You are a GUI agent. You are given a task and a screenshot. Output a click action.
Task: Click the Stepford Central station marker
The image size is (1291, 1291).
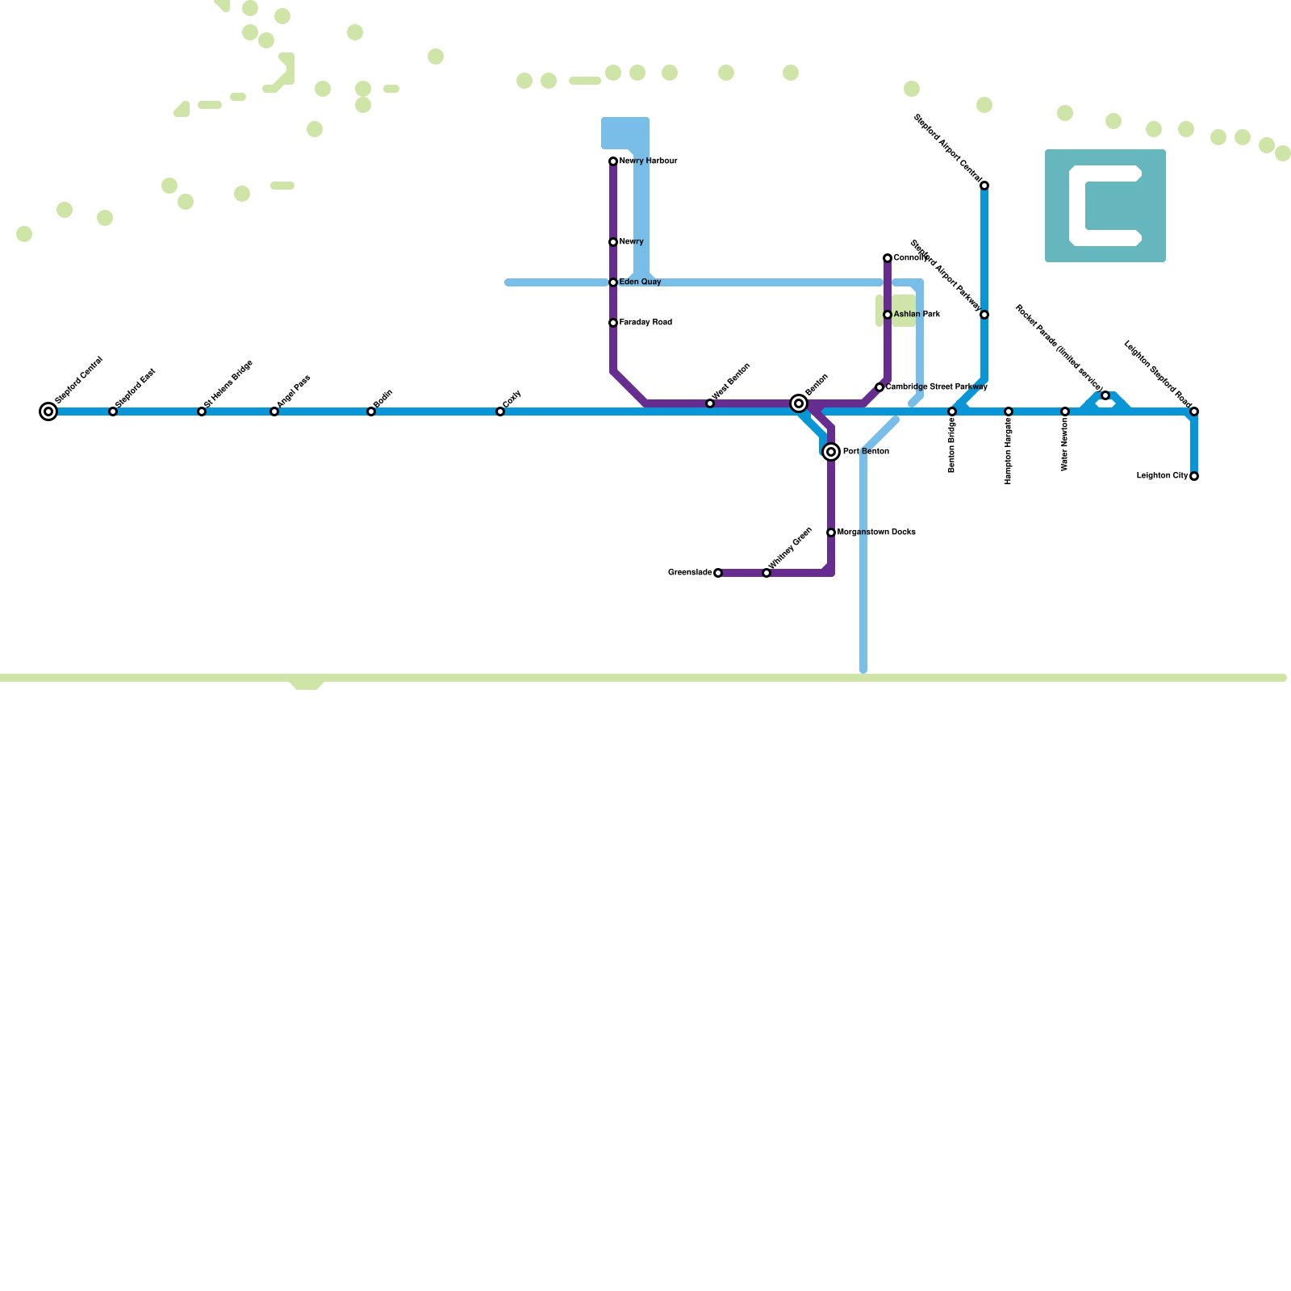pyautogui.click(x=48, y=412)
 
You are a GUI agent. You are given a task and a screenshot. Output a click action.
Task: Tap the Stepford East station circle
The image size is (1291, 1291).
pyautogui.click(x=113, y=412)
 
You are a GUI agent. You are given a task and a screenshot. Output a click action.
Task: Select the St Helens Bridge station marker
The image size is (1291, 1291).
pyautogui.click(x=202, y=412)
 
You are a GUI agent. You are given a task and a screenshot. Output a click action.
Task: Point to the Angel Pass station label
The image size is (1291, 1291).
pyautogui.click(x=294, y=391)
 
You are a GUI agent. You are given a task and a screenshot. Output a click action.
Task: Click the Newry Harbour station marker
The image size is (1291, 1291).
pyautogui.click(x=613, y=161)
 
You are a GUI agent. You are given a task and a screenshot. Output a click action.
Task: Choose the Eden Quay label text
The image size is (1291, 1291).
pyautogui.click(x=640, y=282)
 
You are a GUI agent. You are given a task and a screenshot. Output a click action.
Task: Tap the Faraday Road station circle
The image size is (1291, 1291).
pyautogui.click(x=613, y=323)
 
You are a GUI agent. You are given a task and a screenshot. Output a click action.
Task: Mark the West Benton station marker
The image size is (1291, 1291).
pyautogui.click(x=710, y=403)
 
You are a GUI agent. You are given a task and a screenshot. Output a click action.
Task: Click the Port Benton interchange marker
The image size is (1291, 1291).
pyautogui.click(x=831, y=452)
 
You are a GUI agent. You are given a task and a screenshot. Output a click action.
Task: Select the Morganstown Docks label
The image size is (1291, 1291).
pyautogui.click(x=876, y=533)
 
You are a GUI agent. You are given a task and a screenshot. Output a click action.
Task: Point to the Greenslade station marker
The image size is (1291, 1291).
pyautogui.click(x=718, y=573)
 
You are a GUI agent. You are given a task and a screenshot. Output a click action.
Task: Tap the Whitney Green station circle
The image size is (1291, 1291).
pyautogui.click(x=767, y=573)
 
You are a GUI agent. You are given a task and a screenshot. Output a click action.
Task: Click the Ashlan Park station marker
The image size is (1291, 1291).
pyautogui.click(x=888, y=315)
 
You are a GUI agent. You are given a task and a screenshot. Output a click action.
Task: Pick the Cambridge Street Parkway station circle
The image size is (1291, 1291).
pyautogui.click(x=879, y=387)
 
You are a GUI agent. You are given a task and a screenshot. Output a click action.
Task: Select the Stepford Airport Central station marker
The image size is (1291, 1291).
pyautogui.click(x=984, y=186)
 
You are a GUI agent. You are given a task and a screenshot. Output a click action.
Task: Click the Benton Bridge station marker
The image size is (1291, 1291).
pyautogui.click(x=952, y=412)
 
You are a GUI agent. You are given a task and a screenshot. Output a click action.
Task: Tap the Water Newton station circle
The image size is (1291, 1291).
pyautogui.click(x=1065, y=412)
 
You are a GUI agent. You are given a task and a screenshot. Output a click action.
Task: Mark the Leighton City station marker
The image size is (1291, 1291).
pyautogui.click(x=1194, y=476)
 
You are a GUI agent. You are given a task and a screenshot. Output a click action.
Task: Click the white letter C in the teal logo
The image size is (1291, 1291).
pyautogui.click(x=1078, y=206)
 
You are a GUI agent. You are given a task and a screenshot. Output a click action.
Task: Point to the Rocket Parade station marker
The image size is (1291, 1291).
pyautogui.click(x=1105, y=395)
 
